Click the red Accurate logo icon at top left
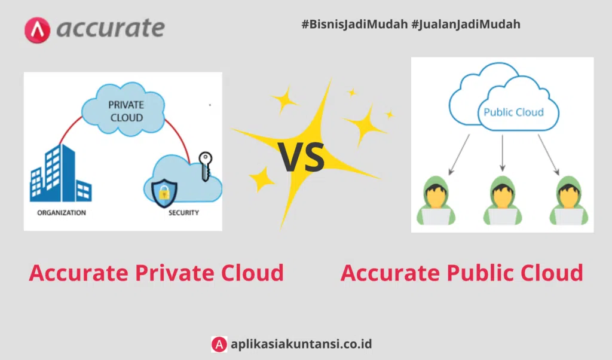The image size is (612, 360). [x=38, y=29]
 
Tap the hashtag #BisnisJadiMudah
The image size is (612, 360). [x=355, y=25]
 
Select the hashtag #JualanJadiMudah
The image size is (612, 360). [x=466, y=25]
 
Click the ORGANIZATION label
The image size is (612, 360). [x=62, y=213]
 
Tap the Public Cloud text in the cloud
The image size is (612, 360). [x=513, y=112]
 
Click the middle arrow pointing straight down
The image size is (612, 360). [x=503, y=152]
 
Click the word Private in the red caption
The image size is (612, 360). [x=175, y=273]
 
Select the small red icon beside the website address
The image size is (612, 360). [x=219, y=344]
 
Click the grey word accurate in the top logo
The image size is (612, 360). [x=111, y=28]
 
